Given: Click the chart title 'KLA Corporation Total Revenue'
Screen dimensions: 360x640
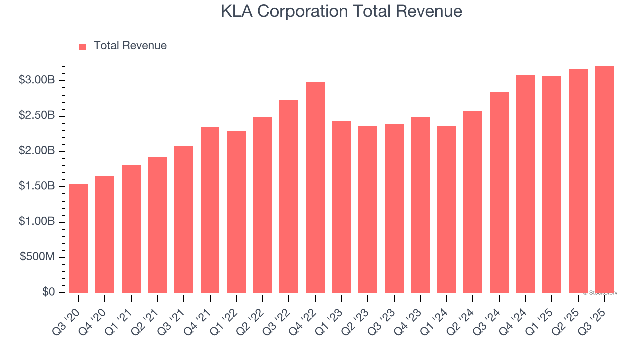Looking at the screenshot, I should click(341, 11).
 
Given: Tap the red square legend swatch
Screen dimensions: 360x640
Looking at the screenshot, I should click(83, 46).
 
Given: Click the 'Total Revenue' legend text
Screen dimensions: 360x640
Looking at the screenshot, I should click(130, 46).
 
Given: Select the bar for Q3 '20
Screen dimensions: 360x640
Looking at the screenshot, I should click(79, 238).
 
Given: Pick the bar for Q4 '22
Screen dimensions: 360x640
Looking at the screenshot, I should click(315, 187).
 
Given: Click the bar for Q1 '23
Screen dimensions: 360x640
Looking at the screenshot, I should click(341, 206).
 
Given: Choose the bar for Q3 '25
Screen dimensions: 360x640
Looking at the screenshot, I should click(604, 179).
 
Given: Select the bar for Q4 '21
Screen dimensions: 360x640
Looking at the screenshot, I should click(210, 209).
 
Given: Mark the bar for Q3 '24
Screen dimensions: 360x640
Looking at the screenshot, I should click(499, 192).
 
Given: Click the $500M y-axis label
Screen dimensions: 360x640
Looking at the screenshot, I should click(37, 257).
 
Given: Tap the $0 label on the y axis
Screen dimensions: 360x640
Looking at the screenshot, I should click(48, 292).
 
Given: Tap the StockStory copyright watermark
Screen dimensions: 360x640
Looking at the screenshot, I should click(600, 293).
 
